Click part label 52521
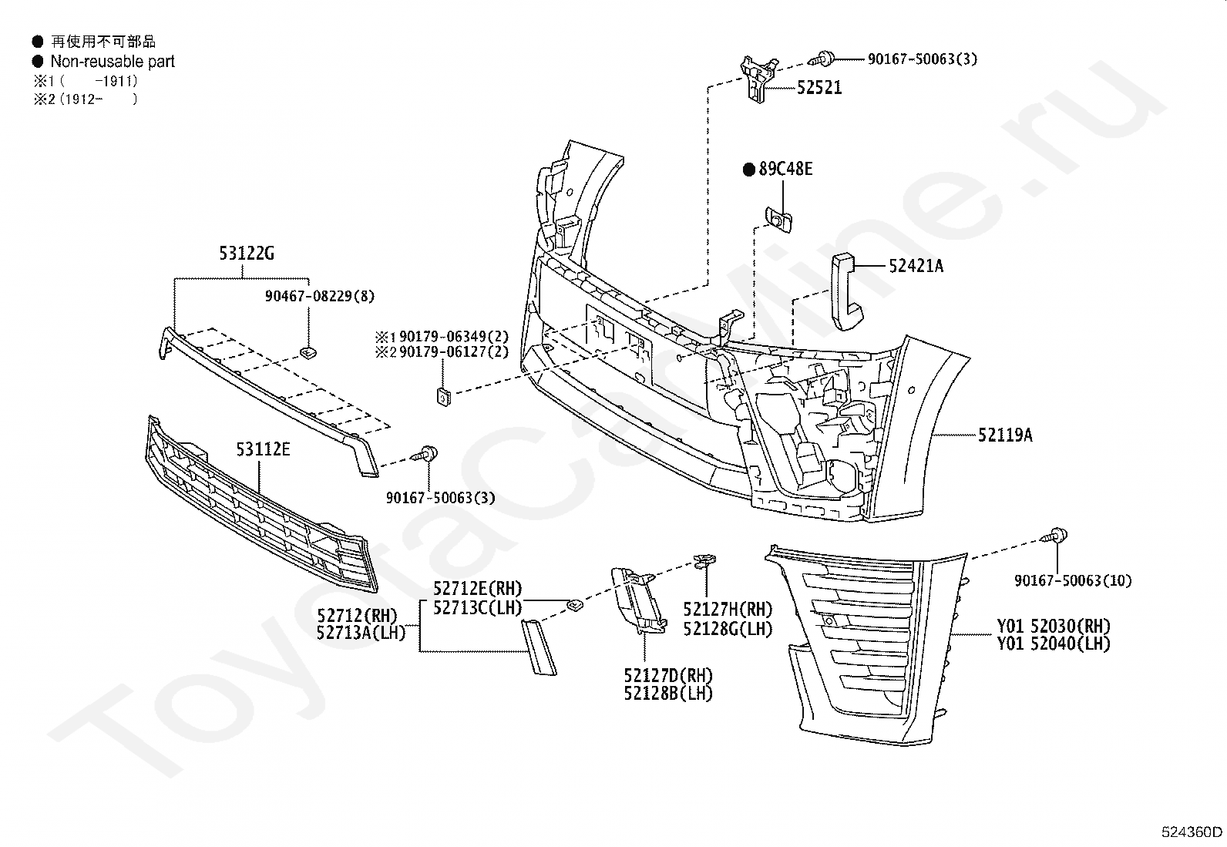(x=819, y=88)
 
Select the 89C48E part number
(x=785, y=169)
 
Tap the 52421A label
(x=916, y=266)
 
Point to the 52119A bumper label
(x=1005, y=435)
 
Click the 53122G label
(x=247, y=253)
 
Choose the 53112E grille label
(x=263, y=449)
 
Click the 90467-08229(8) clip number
(x=320, y=297)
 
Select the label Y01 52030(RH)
(x=1054, y=626)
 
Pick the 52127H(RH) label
(x=728, y=609)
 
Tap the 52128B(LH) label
(x=668, y=694)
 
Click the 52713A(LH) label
(x=361, y=633)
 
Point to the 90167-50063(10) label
(x=1073, y=581)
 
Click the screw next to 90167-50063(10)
(x=1054, y=536)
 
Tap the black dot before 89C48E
(x=749, y=170)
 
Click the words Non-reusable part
(x=113, y=62)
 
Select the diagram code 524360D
(x=1192, y=832)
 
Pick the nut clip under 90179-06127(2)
(x=444, y=396)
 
